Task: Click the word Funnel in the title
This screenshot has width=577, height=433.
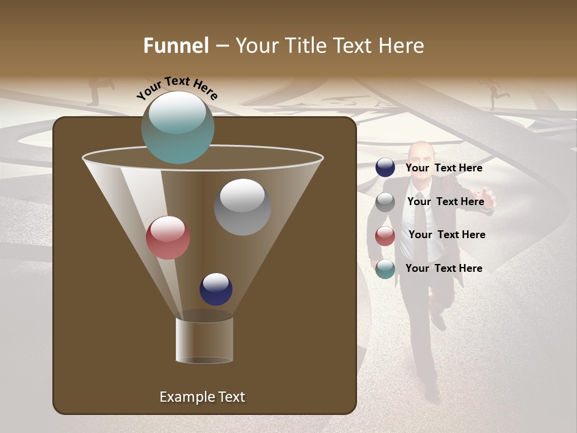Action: pyautogui.click(x=176, y=46)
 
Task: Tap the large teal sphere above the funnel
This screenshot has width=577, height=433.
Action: pyautogui.click(x=177, y=127)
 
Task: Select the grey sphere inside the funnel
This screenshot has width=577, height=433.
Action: pyautogui.click(x=242, y=207)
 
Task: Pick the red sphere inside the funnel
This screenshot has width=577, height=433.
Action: pyautogui.click(x=168, y=238)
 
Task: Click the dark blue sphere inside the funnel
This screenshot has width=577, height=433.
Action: pyautogui.click(x=216, y=289)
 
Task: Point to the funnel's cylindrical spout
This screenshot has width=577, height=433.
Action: pyautogui.click(x=204, y=340)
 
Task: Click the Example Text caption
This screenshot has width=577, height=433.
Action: pyautogui.click(x=202, y=397)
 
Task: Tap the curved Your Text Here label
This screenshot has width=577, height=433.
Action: pyautogui.click(x=177, y=88)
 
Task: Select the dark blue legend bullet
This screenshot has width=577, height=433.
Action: pyautogui.click(x=385, y=168)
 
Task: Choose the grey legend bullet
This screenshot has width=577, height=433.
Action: pyautogui.click(x=385, y=202)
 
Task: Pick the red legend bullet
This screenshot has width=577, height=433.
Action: pyautogui.click(x=385, y=236)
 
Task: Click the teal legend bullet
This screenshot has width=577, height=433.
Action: pyautogui.click(x=385, y=269)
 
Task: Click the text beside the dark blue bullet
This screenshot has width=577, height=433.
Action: pyautogui.click(x=444, y=168)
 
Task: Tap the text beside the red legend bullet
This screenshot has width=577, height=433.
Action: pyautogui.click(x=447, y=235)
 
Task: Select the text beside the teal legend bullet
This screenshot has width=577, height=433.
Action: pyautogui.click(x=444, y=268)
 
